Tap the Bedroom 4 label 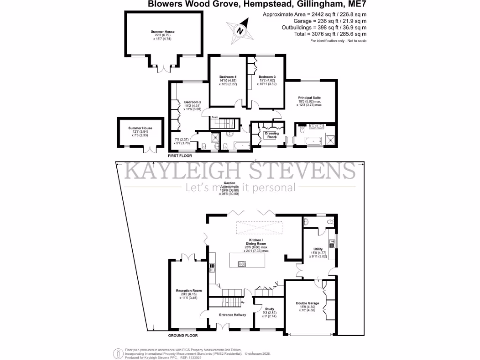coord(228,76)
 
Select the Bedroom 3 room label coord(267,76)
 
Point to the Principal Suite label coord(309,98)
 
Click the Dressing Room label coord(272,135)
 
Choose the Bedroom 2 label coord(192,102)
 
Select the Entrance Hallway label coord(232,315)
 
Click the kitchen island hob coord(242,264)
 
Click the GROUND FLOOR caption coord(183,336)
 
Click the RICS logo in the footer coord(120,351)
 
